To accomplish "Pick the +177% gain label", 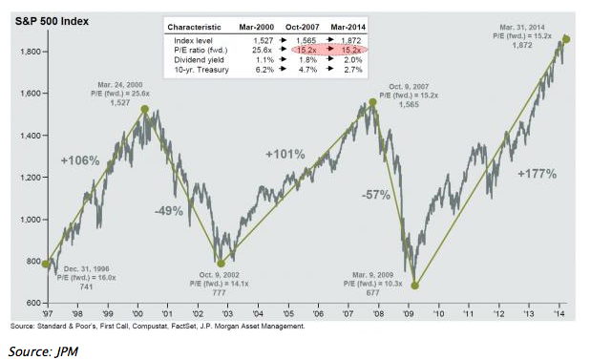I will pyautogui.click(x=538, y=175).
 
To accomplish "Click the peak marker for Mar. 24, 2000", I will pyautogui.click(x=143, y=109).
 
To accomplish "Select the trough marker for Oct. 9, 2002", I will pyautogui.click(x=220, y=264).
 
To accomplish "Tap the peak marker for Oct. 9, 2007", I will pyautogui.click(x=371, y=102).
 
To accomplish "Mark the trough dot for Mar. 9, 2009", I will pyautogui.click(x=414, y=285).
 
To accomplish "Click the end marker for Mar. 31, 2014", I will pyautogui.click(x=567, y=39).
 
